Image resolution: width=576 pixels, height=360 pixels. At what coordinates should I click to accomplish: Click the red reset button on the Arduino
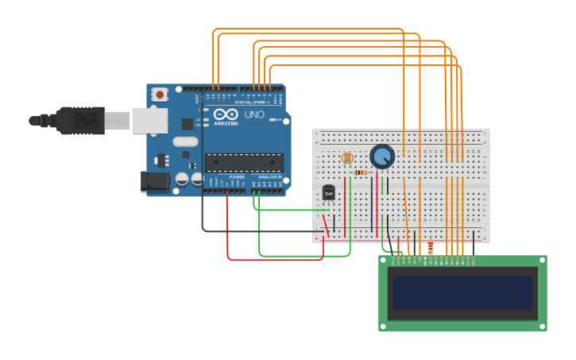coord(160,95)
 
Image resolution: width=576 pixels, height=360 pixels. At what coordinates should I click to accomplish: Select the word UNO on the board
coord(254,115)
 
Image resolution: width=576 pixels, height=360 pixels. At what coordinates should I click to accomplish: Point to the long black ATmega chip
coord(244,163)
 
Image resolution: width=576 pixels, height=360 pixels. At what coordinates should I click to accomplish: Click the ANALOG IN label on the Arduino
coord(269,176)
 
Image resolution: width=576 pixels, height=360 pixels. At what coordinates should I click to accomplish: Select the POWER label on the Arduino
coord(237,176)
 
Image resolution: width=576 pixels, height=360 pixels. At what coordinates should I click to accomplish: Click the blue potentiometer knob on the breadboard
coord(382,157)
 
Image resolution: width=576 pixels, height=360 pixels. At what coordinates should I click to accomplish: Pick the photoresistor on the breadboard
coord(346,158)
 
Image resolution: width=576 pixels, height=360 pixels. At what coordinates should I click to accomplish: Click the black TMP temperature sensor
coord(329,193)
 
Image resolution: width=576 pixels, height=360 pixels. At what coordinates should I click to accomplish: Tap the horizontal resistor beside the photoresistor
coord(361,172)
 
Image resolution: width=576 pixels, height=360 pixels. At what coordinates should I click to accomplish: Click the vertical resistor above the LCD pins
coord(430,248)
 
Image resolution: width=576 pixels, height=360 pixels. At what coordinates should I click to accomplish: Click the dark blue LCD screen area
coord(462,292)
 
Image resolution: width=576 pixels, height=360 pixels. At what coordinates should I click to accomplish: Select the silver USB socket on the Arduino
coord(149,121)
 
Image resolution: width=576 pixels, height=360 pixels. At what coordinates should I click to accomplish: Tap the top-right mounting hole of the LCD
coord(541,261)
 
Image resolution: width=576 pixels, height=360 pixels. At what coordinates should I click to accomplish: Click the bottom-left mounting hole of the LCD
coord(384,325)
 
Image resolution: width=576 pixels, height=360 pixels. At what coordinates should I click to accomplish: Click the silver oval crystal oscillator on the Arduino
coord(185,142)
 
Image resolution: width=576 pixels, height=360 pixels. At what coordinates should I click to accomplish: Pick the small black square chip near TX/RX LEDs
coord(187,124)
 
